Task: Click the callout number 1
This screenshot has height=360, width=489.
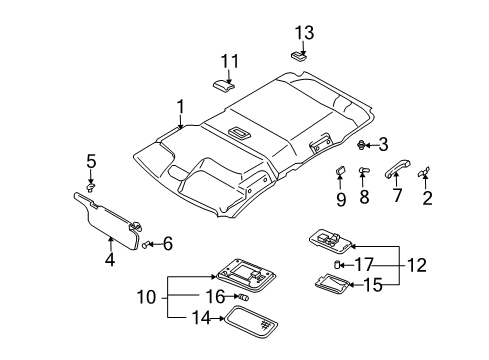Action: (x=181, y=106)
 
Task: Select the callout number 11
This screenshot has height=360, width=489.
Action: (x=230, y=62)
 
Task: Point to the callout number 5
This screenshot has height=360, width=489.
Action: (x=91, y=160)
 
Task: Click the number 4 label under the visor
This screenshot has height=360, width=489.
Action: (x=110, y=261)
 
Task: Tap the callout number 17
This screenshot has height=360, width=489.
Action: (x=364, y=264)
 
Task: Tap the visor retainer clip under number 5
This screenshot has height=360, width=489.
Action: (x=91, y=184)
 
